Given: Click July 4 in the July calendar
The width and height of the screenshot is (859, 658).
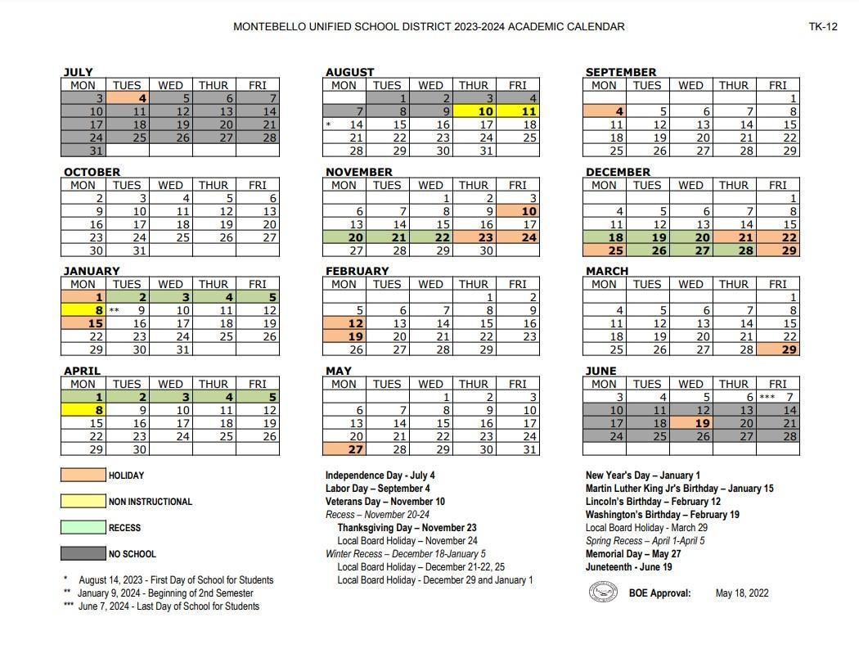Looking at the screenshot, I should pyautogui.click(x=127, y=98).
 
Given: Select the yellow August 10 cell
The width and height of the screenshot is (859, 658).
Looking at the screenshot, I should pyautogui.click(x=474, y=111).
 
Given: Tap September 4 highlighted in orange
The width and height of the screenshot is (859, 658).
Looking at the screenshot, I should pyautogui.click(x=605, y=111).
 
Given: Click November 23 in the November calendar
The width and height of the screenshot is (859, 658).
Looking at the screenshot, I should pyautogui.click(x=474, y=237).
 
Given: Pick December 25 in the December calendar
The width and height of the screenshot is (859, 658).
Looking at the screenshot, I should pyautogui.click(x=605, y=250).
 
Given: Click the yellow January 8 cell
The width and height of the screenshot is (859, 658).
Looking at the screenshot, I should pyautogui.click(x=83, y=310).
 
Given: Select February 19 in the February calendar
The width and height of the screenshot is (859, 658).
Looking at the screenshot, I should pyautogui.click(x=344, y=336).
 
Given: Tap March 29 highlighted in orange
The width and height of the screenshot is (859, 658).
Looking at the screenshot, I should pyautogui.click(x=778, y=349).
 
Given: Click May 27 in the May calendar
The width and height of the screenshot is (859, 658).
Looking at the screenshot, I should pyautogui.click(x=344, y=449).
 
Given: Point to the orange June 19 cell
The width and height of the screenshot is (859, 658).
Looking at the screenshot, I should pyautogui.click(x=691, y=423).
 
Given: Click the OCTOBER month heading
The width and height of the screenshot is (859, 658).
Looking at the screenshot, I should pyautogui.click(x=92, y=172).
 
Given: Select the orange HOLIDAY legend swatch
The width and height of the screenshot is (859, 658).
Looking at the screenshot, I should pyautogui.click(x=83, y=475).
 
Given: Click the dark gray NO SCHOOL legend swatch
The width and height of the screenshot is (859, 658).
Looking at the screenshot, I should pyautogui.click(x=83, y=554).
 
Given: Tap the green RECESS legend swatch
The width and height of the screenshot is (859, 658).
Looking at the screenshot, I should pyautogui.click(x=83, y=528).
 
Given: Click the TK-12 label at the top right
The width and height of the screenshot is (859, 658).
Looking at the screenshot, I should pyautogui.click(x=823, y=26).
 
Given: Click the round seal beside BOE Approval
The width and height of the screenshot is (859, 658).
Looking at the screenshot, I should pyautogui.click(x=603, y=592).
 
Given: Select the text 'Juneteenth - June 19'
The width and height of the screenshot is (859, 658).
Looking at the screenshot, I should pyautogui.click(x=628, y=567).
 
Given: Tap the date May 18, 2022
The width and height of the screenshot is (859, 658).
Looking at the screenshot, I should pyautogui.click(x=741, y=593).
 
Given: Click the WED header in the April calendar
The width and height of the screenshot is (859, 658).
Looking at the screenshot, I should pyautogui.click(x=170, y=384).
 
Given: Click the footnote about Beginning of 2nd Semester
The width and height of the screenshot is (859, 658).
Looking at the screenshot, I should pyautogui.click(x=164, y=593).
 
